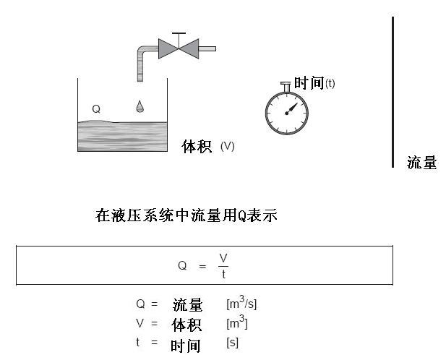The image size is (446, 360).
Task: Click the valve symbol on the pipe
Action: [179, 48]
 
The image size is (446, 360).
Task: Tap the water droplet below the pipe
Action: [140, 107]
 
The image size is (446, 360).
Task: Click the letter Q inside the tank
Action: [96, 109]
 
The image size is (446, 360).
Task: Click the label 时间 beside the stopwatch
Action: [309, 83]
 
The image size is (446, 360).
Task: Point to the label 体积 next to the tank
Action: [196, 147]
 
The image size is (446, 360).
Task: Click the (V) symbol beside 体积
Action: [228, 146]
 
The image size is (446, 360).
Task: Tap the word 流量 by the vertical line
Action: [421, 163]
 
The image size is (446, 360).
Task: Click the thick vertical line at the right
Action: [393, 92]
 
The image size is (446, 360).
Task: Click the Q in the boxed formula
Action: [182, 265]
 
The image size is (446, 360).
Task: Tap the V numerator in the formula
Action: [223, 259]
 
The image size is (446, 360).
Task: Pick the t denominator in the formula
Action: [223, 273]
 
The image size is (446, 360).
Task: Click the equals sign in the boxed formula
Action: [202, 265]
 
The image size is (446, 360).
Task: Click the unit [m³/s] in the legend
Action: [241, 304]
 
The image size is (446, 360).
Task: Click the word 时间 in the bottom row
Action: [186, 345]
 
